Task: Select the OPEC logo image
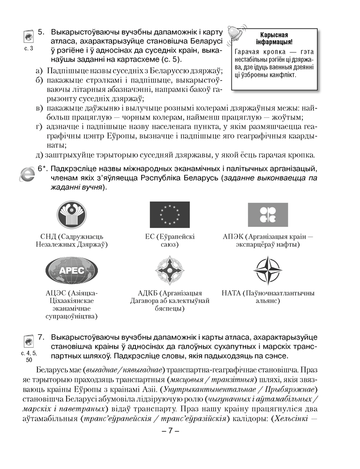(267, 215)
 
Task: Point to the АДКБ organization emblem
(169, 271)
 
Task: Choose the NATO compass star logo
(267, 271)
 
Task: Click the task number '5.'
(41, 32)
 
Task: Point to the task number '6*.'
(42, 169)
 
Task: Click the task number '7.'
(41, 337)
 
